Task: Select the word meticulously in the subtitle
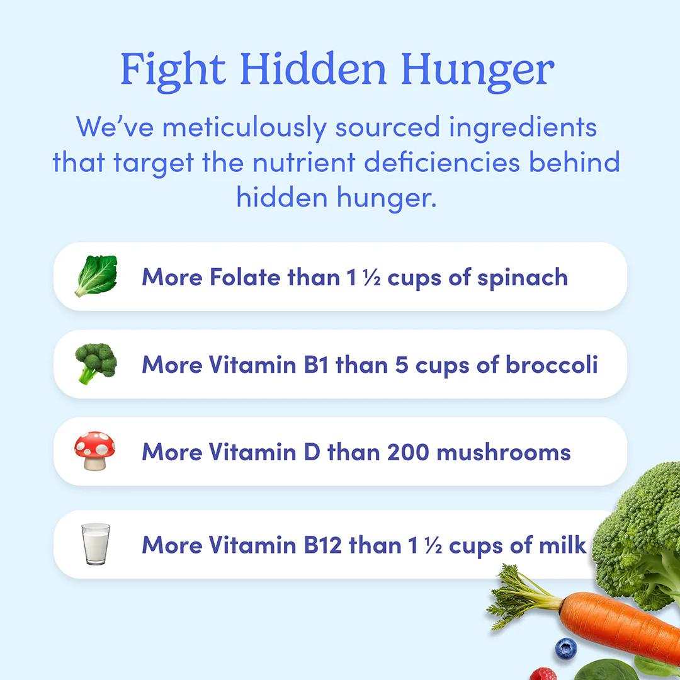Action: (244, 128)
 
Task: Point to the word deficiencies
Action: (441, 162)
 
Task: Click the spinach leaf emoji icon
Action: (96, 276)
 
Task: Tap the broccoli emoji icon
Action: (96, 363)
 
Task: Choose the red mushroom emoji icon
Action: (95, 451)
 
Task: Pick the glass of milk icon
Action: (96, 544)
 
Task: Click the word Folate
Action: (245, 277)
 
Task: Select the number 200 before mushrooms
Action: (408, 452)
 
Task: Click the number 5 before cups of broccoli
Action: (402, 365)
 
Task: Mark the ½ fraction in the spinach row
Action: (372, 278)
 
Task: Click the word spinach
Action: (523, 279)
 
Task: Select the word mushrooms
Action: (504, 452)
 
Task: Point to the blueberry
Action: (566, 649)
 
